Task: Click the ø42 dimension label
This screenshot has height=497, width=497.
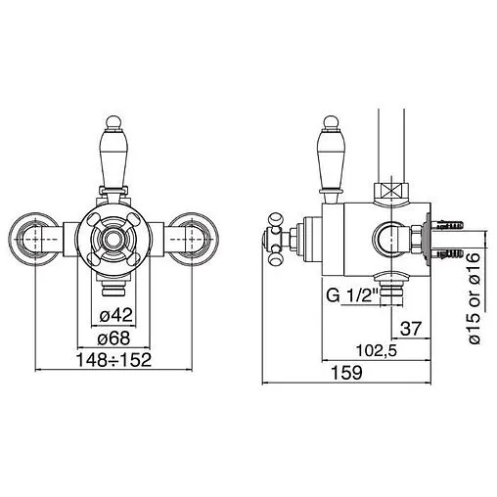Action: (x=115, y=315)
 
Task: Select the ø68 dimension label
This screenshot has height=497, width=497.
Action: (x=113, y=338)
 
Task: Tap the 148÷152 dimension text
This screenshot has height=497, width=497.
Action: (x=113, y=360)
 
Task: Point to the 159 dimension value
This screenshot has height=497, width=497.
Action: (x=346, y=373)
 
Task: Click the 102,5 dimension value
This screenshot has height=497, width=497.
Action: (x=377, y=351)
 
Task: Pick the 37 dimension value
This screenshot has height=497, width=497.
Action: (x=411, y=329)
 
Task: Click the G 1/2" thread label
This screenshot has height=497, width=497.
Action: (x=352, y=295)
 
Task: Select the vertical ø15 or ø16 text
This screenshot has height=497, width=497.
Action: (x=474, y=297)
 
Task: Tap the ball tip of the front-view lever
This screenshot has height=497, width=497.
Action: (x=113, y=122)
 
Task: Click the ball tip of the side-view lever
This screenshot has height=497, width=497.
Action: (x=332, y=122)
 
